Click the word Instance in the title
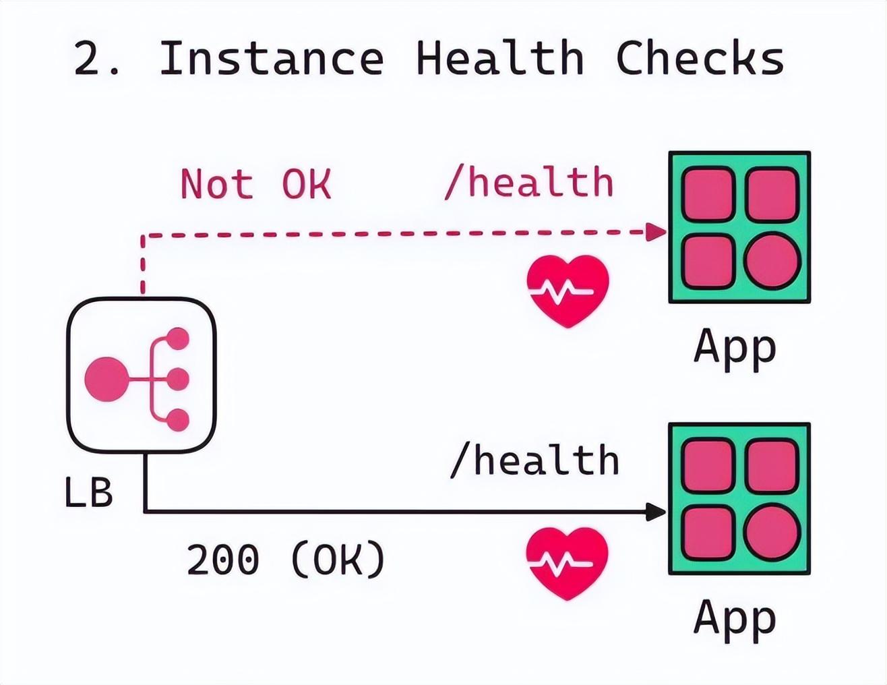tap(272, 58)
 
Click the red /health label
tap(529, 182)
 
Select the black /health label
tap(534, 460)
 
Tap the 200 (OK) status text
tap(286, 560)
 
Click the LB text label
tap(88, 493)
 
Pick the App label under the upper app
tap(735, 347)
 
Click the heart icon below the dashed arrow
tap(568, 291)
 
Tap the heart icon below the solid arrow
tap(567, 564)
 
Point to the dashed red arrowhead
tap(656, 233)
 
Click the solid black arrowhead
tap(656, 512)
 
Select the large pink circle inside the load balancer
tap(106, 379)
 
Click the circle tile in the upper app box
tap(771, 262)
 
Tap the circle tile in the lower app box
tap(771, 533)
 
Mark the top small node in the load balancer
tap(178, 338)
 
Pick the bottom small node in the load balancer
tap(178, 420)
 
